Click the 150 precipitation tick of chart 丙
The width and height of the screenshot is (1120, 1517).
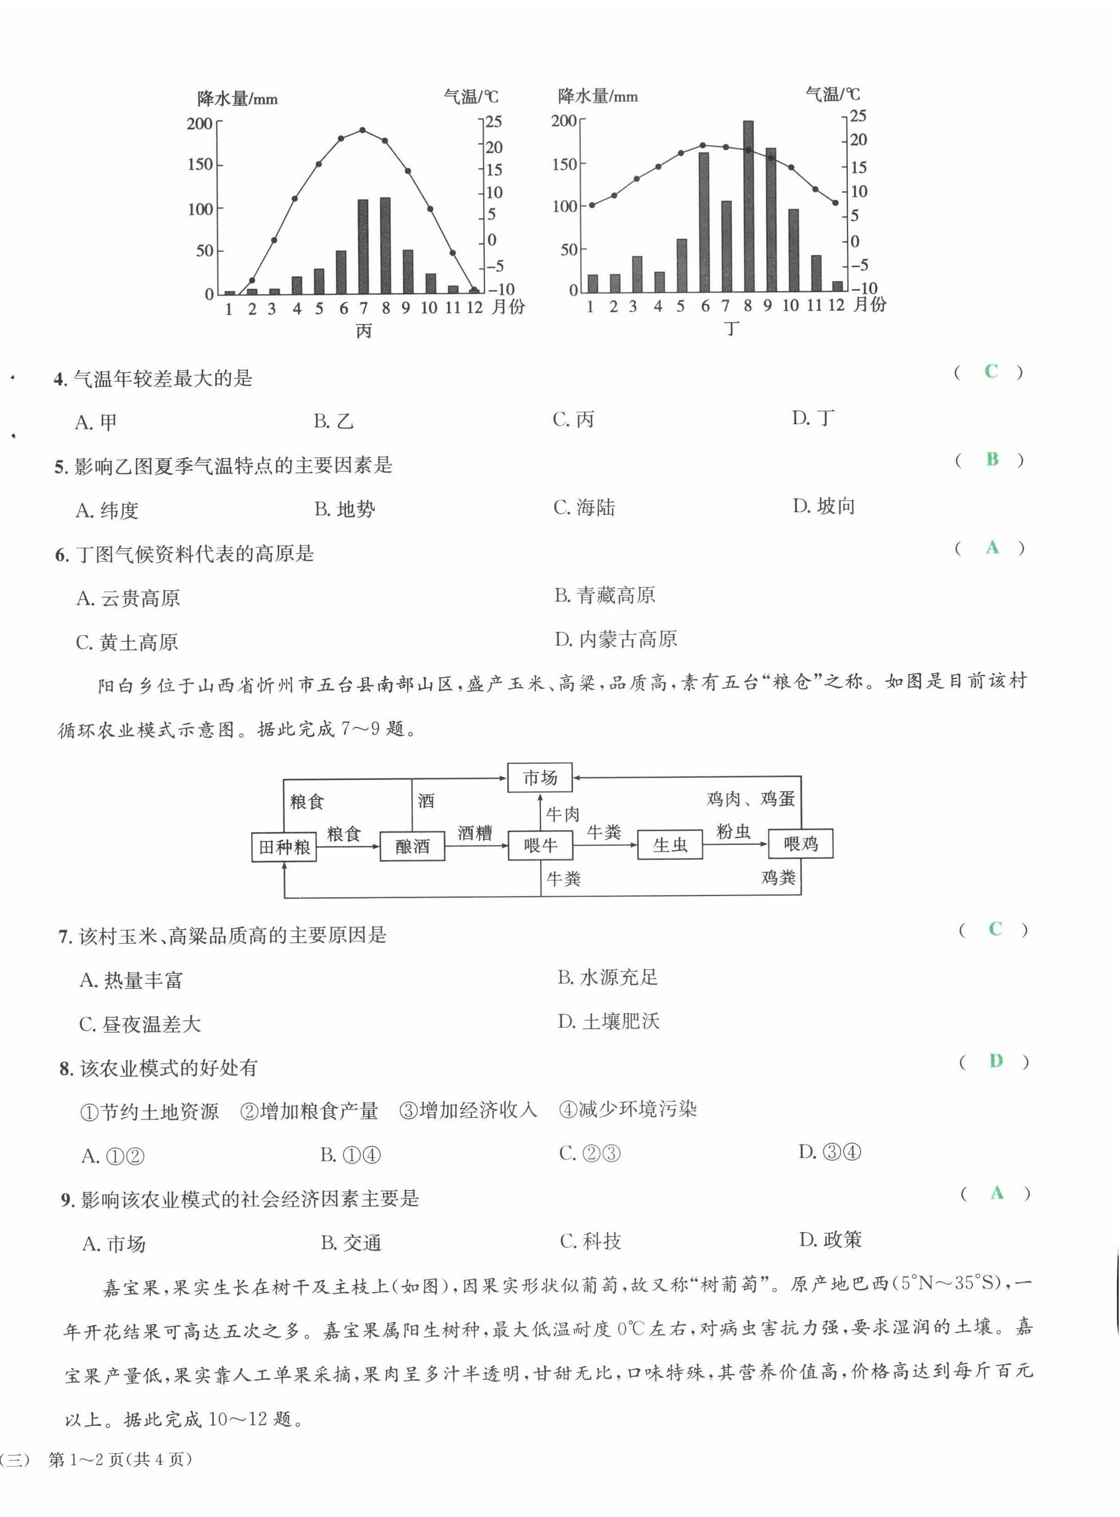point(200,165)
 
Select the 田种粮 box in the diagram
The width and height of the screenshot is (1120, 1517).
point(284,847)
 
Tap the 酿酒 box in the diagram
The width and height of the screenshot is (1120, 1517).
point(412,846)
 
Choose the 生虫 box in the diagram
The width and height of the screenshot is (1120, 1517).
point(670,845)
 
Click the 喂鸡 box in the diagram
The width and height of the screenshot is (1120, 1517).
point(801,844)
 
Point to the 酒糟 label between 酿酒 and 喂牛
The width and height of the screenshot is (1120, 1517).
point(475,833)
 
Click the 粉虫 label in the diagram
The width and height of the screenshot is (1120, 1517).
point(733,831)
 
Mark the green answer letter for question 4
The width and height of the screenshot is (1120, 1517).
point(991,371)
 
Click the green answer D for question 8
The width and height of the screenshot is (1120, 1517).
point(995,1061)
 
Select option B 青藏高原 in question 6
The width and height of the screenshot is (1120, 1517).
point(605,595)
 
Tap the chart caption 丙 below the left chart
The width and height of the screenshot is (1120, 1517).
point(364,332)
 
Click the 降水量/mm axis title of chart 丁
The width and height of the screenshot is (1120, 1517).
point(597,96)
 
